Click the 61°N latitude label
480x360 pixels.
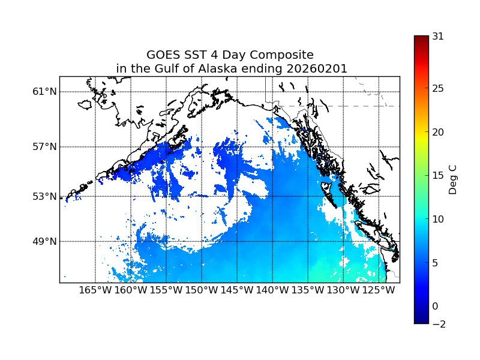point(44,92)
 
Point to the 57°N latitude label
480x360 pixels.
point(44,147)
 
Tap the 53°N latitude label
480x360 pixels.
point(44,196)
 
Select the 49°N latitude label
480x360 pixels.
point(44,241)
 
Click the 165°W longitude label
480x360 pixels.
point(95,290)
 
